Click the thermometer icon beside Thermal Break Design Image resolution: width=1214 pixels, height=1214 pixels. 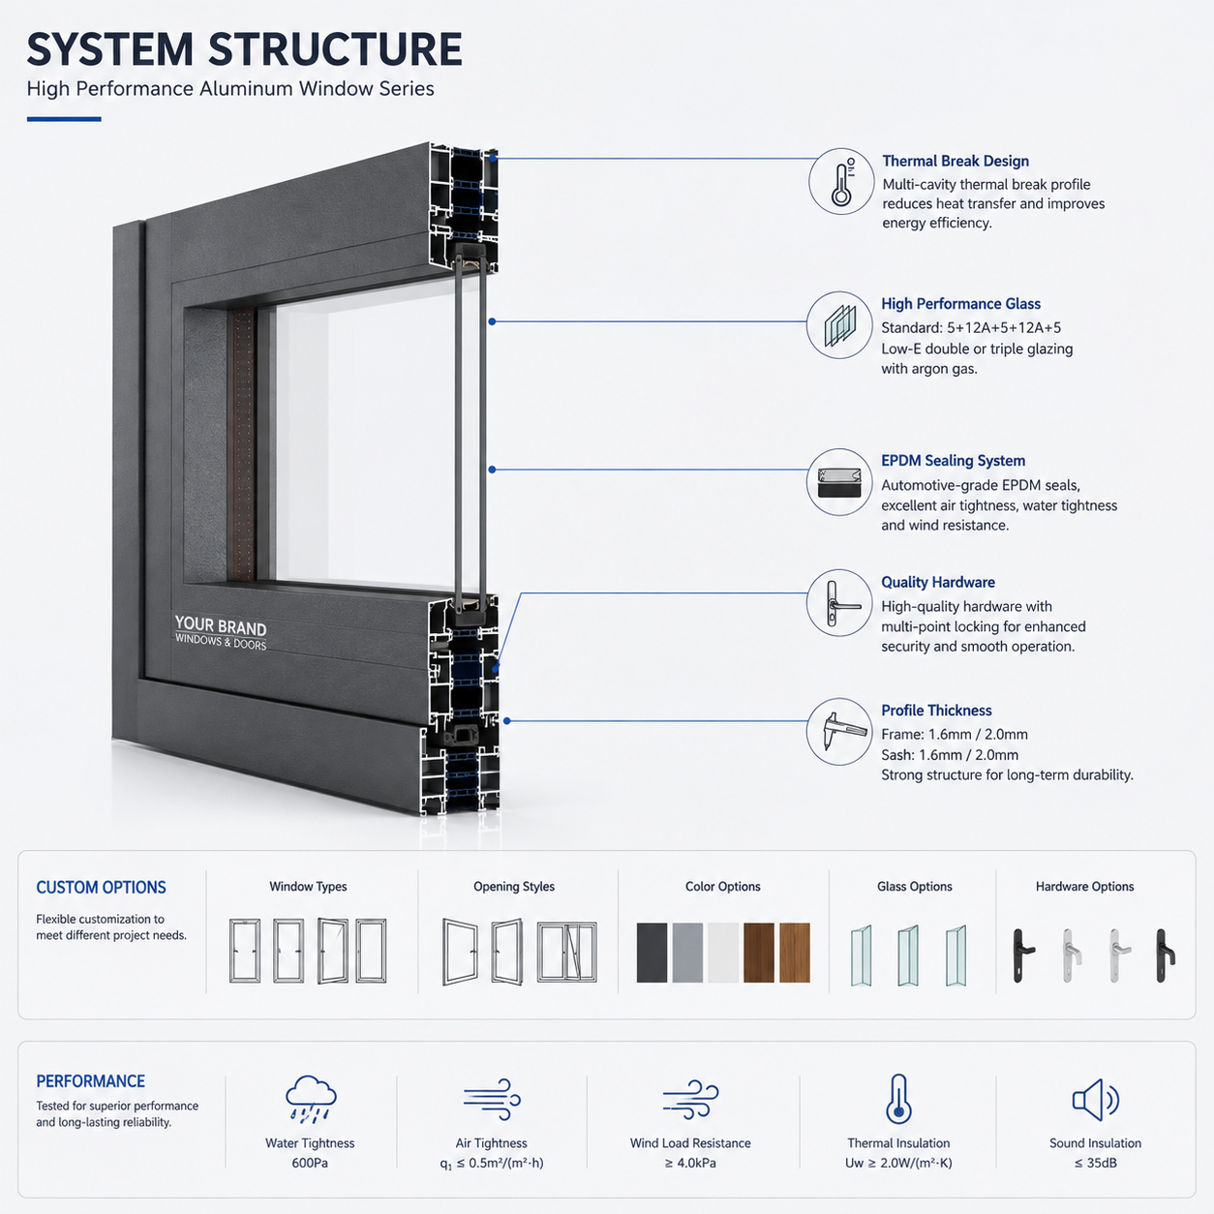point(841,182)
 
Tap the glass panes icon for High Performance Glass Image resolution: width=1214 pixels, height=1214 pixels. point(839,325)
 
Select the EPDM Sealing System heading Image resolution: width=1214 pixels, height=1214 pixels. point(953,461)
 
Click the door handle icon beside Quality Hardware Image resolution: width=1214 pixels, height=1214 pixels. point(839,603)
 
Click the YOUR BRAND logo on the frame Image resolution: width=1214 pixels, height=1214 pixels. point(221,632)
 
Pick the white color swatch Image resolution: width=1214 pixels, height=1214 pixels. point(722,953)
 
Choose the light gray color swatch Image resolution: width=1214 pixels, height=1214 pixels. point(687,953)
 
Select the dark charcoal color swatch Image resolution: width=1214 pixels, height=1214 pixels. point(652,953)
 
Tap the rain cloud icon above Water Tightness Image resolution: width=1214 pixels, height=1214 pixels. point(311,1100)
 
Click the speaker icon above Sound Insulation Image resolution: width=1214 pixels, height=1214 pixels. point(1096,1100)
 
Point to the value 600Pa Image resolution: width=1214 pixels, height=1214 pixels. point(310,1163)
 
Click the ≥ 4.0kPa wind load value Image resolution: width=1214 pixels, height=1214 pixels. point(690,1163)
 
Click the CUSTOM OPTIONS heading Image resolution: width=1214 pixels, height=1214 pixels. point(101,887)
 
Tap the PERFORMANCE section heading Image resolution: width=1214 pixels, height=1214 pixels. point(90,1081)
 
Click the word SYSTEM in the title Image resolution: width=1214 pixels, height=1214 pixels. point(109,49)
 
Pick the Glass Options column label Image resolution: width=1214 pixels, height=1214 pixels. point(914,887)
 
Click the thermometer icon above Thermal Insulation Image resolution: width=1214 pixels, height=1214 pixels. point(898,1100)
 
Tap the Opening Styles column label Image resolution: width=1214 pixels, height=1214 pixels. point(514,887)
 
